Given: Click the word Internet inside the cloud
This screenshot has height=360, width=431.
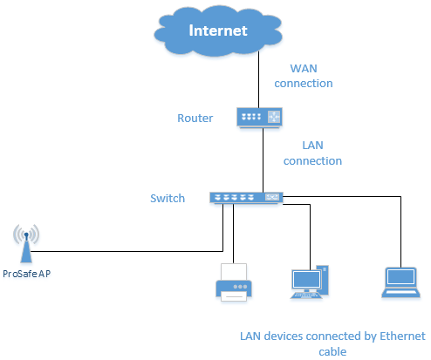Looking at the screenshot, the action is click(218, 31).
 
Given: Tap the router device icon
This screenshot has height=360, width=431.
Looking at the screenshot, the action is click(259, 118).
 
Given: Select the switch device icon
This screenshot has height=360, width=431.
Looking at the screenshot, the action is click(246, 198).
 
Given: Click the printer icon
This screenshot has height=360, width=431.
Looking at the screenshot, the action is click(234, 282).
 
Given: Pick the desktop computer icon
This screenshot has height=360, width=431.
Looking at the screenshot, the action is click(310, 282).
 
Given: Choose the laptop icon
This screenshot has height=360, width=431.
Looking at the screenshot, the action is click(400, 282).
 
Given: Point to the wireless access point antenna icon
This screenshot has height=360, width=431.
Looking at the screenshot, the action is click(26, 243).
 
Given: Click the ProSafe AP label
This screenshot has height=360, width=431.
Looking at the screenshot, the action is click(27, 274).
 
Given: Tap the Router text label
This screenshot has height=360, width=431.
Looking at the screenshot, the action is click(195, 119).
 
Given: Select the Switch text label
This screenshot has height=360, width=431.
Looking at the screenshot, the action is click(168, 199).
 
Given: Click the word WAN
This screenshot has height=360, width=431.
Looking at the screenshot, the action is click(304, 69).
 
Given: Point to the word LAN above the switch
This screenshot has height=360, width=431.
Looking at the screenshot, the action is click(312, 146).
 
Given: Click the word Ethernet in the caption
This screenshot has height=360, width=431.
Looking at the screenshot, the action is click(402, 336).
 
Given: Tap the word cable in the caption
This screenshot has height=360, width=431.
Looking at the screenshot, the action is click(332, 352).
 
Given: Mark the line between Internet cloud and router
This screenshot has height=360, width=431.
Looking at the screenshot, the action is click(258, 79).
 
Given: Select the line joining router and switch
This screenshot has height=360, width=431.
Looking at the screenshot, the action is click(263, 160).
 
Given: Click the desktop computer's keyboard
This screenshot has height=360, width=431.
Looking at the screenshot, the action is click(306, 295).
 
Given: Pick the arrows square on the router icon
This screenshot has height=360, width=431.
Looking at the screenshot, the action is click(274, 117).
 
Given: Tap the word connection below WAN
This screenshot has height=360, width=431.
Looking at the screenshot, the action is click(304, 84).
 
